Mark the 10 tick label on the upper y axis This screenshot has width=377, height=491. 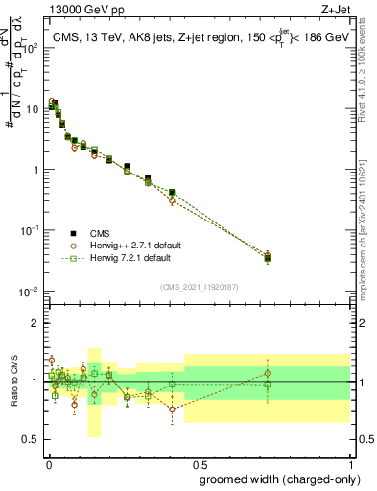point(33,109)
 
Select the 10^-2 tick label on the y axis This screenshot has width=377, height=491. point(29,291)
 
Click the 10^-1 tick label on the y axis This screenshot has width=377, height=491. point(29,230)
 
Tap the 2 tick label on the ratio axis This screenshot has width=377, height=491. point(35,323)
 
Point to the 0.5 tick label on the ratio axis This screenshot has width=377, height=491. point(31,442)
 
